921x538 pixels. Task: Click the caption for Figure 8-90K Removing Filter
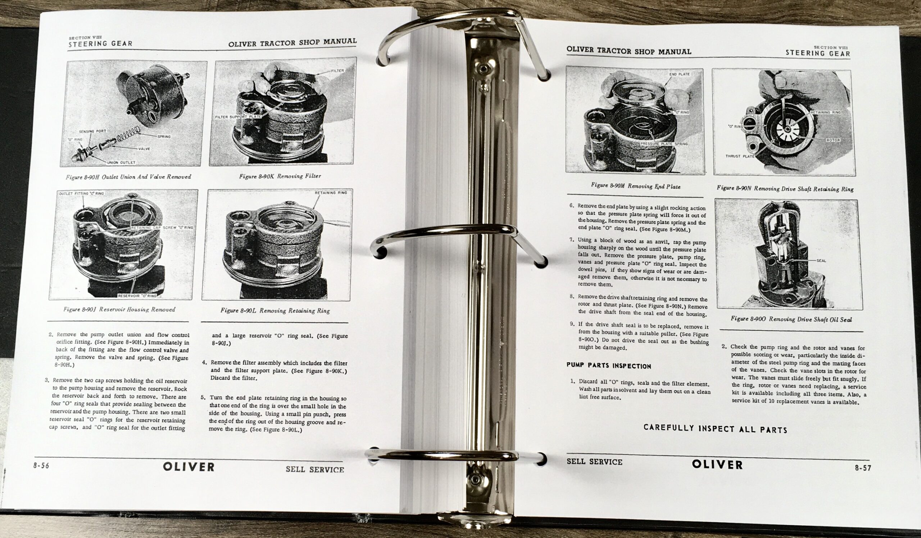(x=280, y=176)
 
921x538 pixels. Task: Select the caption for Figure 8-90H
(x=128, y=177)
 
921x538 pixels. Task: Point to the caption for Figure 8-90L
(x=275, y=311)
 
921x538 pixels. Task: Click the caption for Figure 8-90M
(x=636, y=186)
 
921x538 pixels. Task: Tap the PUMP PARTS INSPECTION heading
(x=609, y=366)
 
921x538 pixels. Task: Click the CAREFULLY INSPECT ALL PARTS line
(x=715, y=429)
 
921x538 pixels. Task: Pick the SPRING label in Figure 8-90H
(x=164, y=137)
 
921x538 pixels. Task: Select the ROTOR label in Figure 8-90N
(x=833, y=140)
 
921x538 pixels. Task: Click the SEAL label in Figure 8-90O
(x=821, y=261)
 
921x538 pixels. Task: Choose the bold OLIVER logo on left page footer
(x=189, y=467)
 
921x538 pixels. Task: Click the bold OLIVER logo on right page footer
(x=717, y=465)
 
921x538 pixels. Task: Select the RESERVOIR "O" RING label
(x=137, y=296)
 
